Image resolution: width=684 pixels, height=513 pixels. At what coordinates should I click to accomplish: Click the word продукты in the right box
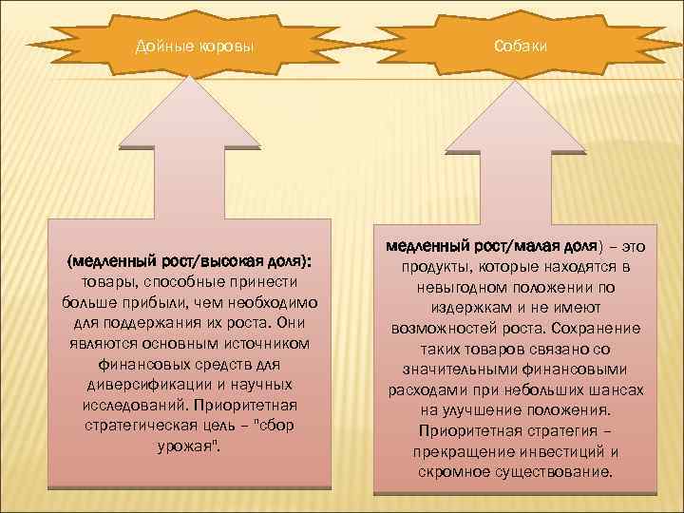pyautogui.click(x=433, y=267)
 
